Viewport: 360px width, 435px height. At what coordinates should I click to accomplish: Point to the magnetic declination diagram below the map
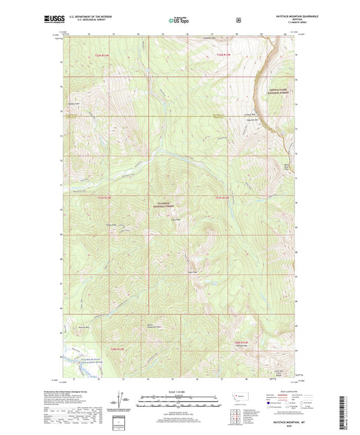coord(122,400)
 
